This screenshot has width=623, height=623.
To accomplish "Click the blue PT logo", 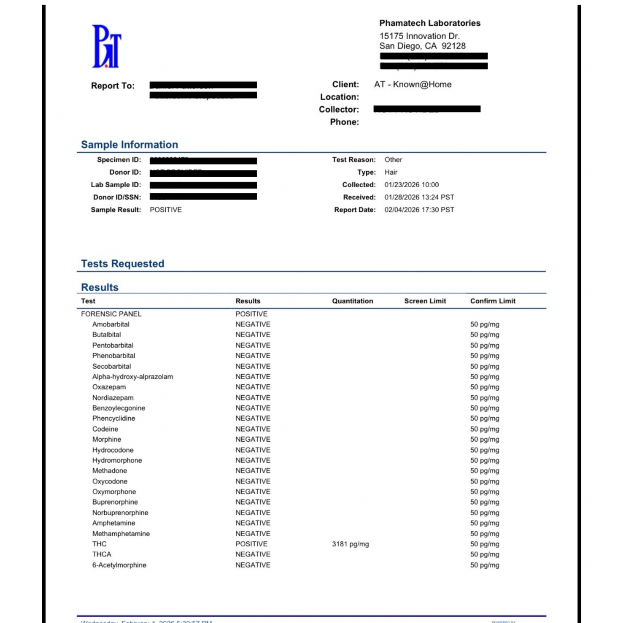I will pos(107,46).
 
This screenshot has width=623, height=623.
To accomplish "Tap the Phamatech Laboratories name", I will pos(430,23).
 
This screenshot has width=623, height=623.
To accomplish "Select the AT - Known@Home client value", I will pos(412,84).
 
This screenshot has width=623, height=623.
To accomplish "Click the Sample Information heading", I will pos(129,145).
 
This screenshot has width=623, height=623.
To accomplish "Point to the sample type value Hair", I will pos(391,172).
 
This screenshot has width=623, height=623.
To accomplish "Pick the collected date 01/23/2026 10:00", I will pos(411,185).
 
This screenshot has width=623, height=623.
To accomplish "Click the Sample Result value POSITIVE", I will pos(166,210).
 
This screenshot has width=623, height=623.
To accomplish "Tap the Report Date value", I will pos(419,210).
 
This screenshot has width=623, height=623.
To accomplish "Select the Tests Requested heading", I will pos(122,264).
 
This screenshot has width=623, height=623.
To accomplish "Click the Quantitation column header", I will pos(352,301).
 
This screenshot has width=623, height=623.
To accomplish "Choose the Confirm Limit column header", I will pos(492,301).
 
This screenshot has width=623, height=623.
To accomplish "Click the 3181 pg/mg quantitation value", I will pos(350,544).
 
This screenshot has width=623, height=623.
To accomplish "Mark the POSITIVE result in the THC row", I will pos(251,544).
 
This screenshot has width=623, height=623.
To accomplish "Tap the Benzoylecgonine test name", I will pos(119,408).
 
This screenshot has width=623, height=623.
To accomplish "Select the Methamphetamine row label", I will pos(121,534).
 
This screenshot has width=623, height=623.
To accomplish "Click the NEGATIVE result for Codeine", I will pos(253,429).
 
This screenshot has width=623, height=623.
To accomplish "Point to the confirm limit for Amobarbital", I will pos(484,324).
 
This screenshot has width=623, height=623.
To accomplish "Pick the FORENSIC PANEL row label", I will pos(111,314).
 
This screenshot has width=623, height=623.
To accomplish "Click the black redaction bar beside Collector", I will pos(427,109).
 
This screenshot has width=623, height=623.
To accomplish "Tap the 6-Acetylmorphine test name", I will pos(119,565).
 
